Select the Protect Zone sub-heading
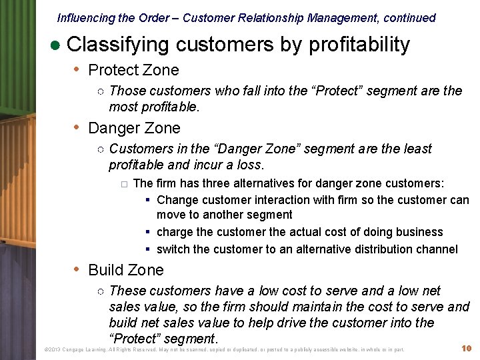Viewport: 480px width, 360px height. (x=133, y=70)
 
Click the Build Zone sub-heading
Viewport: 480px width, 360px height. (x=125, y=270)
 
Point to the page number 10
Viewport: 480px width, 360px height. (x=467, y=349)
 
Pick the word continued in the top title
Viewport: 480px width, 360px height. (x=409, y=18)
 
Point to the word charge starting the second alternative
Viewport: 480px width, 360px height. (x=175, y=232)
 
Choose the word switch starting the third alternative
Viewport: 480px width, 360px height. (x=173, y=249)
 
